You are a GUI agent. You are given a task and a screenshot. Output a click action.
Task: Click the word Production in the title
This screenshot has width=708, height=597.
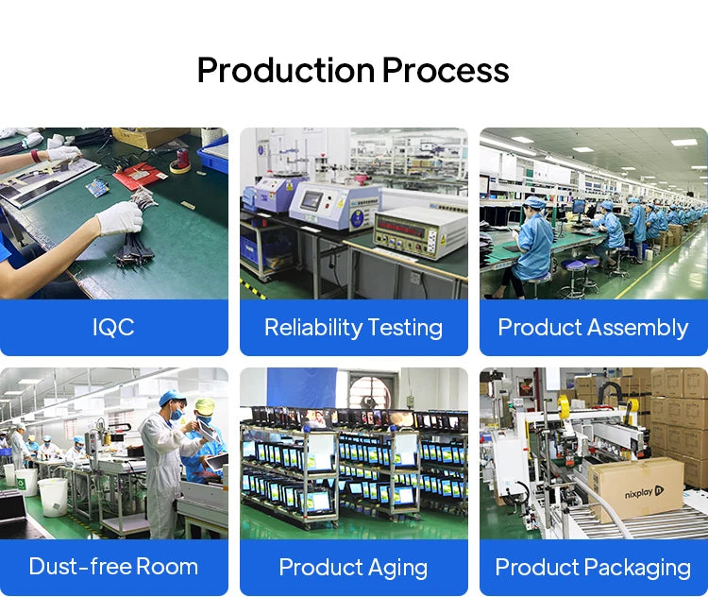point(286,71)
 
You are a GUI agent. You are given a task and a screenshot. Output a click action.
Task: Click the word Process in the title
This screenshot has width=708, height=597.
point(446,71)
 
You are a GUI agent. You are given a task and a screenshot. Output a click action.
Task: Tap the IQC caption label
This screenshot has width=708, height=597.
point(113,327)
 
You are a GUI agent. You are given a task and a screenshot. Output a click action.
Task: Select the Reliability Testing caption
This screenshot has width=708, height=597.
point(354,328)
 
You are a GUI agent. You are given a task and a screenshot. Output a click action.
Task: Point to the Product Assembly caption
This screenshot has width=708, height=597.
point(594,328)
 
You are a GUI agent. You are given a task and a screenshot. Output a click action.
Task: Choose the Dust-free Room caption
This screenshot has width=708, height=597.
point(113,567)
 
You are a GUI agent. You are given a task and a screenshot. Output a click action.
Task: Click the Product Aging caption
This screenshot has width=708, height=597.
point(354,568)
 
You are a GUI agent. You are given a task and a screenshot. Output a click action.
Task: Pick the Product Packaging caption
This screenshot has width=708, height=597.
point(593,568)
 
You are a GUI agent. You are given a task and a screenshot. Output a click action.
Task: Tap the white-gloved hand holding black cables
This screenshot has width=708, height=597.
point(120,218)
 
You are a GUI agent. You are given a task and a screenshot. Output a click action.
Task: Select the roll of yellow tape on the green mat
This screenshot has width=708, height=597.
point(180,166)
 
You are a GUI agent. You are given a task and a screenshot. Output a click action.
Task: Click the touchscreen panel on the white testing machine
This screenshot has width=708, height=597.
point(312,200)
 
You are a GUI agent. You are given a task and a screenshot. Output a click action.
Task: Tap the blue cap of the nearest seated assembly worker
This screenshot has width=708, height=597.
point(535,202)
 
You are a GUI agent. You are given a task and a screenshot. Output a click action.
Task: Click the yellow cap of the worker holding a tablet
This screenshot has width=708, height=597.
point(206,406)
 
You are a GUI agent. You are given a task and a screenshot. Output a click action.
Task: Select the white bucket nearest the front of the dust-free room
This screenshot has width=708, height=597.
point(53,497)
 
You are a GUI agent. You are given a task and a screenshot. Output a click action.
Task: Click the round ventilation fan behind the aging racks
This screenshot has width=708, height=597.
point(370,394)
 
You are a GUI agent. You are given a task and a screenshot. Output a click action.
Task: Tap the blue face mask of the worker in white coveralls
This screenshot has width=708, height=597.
point(177,414)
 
